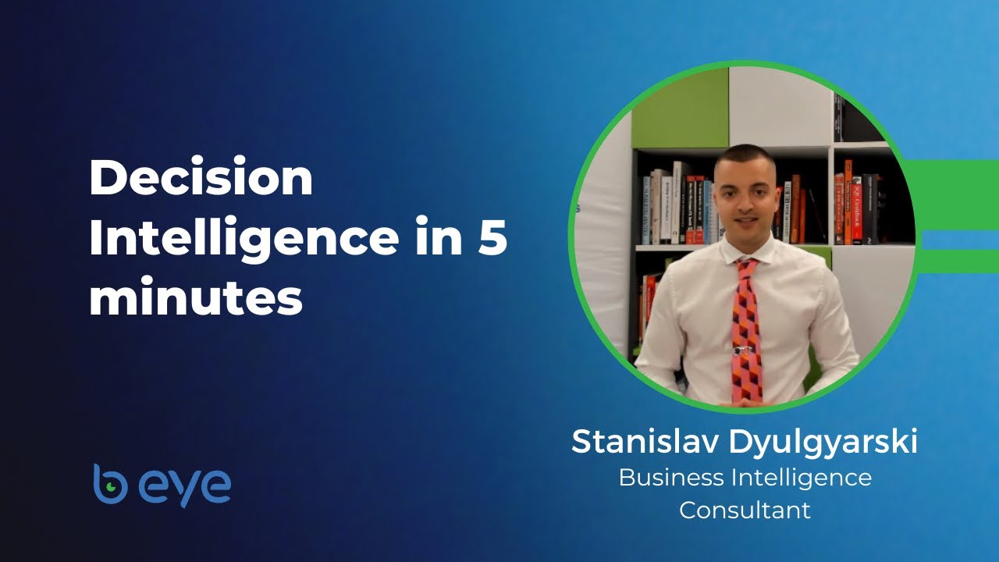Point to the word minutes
pyautogui.click(x=195, y=299)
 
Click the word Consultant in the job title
pyautogui.click(x=745, y=510)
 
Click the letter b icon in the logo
pyautogui.click(x=109, y=484)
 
